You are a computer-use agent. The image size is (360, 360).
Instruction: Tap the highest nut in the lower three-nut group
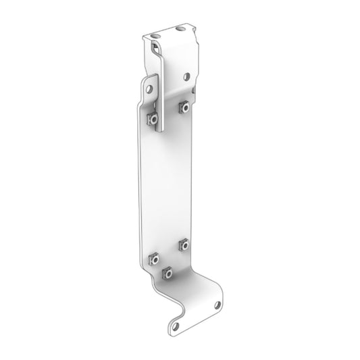click(x=182, y=243)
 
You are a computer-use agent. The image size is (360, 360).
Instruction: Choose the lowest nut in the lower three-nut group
click(x=167, y=273)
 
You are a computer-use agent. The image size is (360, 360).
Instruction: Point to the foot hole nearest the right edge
click(x=217, y=305)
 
